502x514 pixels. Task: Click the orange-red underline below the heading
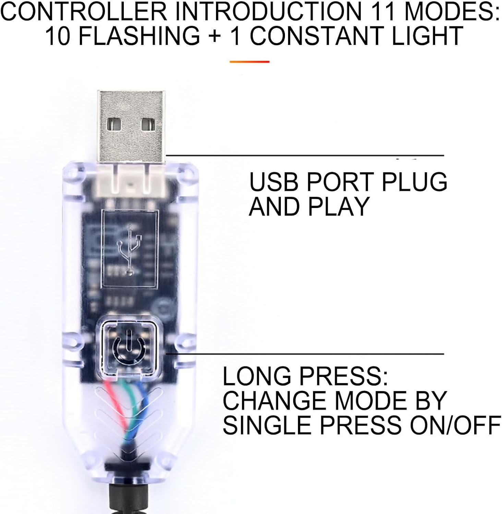249,62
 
